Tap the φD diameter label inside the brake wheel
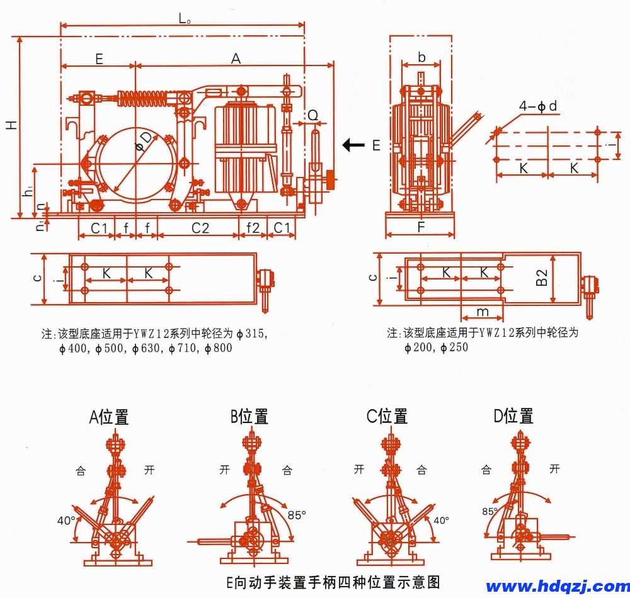tap(144, 142)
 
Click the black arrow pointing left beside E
tap(353, 145)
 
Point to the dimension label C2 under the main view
tap(200, 228)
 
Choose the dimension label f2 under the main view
tap(253, 228)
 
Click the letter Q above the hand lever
tap(313, 115)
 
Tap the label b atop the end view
tap(421, 58)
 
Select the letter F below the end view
tap(421, 227)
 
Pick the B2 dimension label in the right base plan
tap(542, 278)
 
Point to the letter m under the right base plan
tap(482, 312)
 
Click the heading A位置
tap(109, 417)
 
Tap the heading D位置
tap(513, 416)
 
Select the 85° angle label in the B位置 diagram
tap(297, 514)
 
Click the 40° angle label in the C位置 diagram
tap(441, 521)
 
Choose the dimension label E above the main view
tap(99, 59)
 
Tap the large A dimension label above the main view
tap(236, 59)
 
